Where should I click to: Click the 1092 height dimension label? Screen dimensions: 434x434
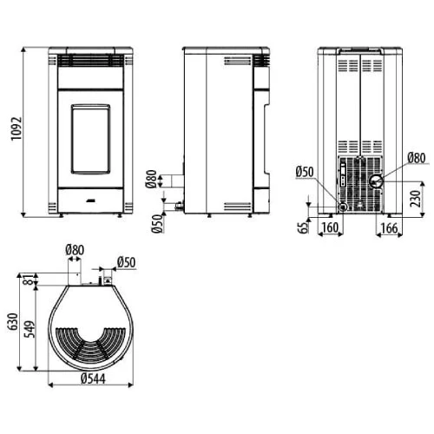tap(16, 128)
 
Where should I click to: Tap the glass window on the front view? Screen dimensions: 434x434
tap(91, 139)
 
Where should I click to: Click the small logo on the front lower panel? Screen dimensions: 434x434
tap(90, 201)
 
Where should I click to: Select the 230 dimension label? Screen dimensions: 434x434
tap(415, 199)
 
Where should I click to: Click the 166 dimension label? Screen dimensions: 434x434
tap(389, 228)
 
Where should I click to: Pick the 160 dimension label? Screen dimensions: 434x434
tap(330, 227)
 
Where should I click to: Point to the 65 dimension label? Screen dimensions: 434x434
tap(303, 227)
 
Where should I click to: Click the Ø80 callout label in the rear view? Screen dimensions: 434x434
tap(417, 158)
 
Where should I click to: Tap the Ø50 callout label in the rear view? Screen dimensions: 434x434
tap(305, 172)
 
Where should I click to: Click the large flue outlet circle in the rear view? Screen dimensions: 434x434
tap(376, 181)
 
